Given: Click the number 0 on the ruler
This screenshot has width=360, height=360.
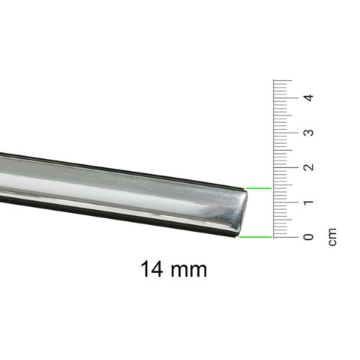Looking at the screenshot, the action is (308, 237).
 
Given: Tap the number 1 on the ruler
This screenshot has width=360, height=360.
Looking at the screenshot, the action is (308, 202).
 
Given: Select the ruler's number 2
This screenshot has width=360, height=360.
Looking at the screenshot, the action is (308, 167).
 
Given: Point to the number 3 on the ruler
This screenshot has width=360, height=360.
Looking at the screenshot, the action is (308, 132).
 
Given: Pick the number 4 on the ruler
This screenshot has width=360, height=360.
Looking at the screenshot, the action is (308, 97).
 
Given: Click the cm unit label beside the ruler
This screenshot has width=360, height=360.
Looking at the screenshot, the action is (332, 237).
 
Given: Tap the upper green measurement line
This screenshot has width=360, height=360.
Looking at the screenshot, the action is (259, 188).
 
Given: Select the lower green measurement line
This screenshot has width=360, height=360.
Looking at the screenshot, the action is (255, 236).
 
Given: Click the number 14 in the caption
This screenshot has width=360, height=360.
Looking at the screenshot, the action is (151, 269).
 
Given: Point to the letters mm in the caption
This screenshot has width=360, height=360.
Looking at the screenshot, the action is (189, 271).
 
